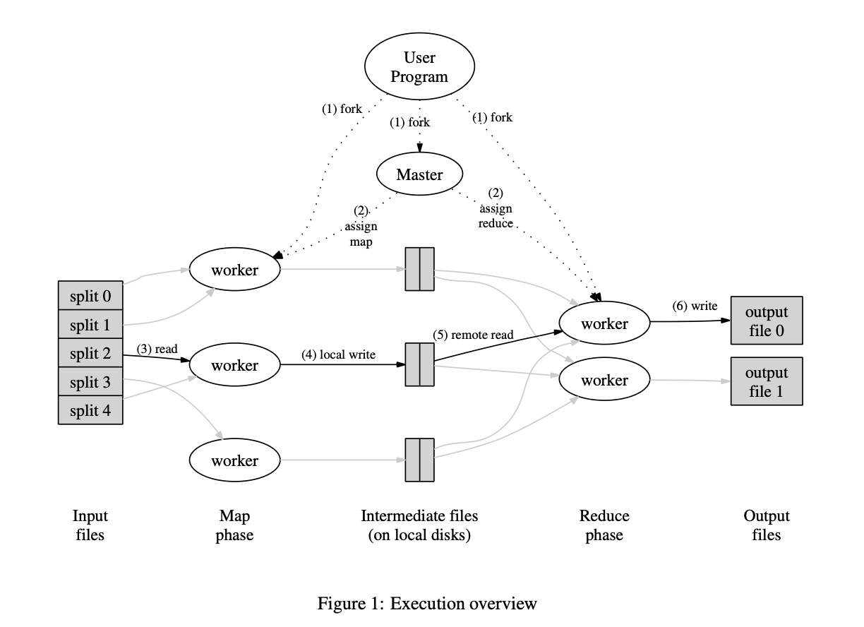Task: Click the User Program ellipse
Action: [x=420, y=66]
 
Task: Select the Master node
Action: [x=420, y=174]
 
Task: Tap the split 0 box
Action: [x=90, y=296]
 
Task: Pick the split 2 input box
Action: [x=90, y=352]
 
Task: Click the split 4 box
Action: [x=90, y=410]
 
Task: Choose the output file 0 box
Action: [x=767, y=321]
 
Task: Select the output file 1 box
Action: [x=767, y=381]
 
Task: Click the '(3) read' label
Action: [x=157, y=349]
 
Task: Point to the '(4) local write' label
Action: [x=338, y=354]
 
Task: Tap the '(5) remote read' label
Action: [x=473, y=335]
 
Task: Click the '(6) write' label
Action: [x=695, y=306]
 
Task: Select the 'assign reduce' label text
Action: [x=496, y=215]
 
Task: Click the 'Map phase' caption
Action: [x=234, y=525]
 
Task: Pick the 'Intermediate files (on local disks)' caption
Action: [x=419, y=525]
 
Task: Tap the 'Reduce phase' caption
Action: [x=604, y=525]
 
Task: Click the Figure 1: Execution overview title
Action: [x=427, y=604]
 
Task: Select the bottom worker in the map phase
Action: [x=234, y=460]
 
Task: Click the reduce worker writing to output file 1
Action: [x=604, y=379]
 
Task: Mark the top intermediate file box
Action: [x=420, y=269]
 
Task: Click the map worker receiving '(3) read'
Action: [x=234, y=364]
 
